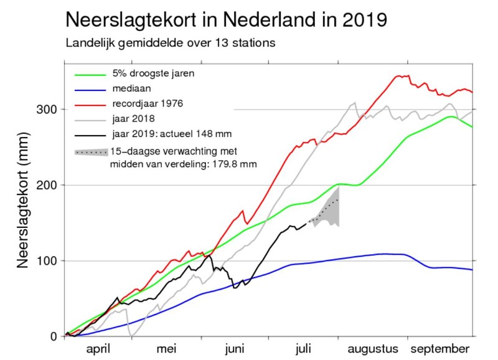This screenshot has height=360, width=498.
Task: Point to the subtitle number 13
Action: [214, 44]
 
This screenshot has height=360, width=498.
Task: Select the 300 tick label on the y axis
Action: [49, 110]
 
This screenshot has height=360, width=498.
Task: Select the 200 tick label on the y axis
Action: [49, 185]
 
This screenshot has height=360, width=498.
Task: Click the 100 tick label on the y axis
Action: [49, 260]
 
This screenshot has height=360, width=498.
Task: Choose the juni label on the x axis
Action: [235, 349]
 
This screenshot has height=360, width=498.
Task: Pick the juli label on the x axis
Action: [304, 349]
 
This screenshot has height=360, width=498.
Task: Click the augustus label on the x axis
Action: [372, 349]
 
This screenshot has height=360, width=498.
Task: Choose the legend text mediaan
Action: [129, 89]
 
